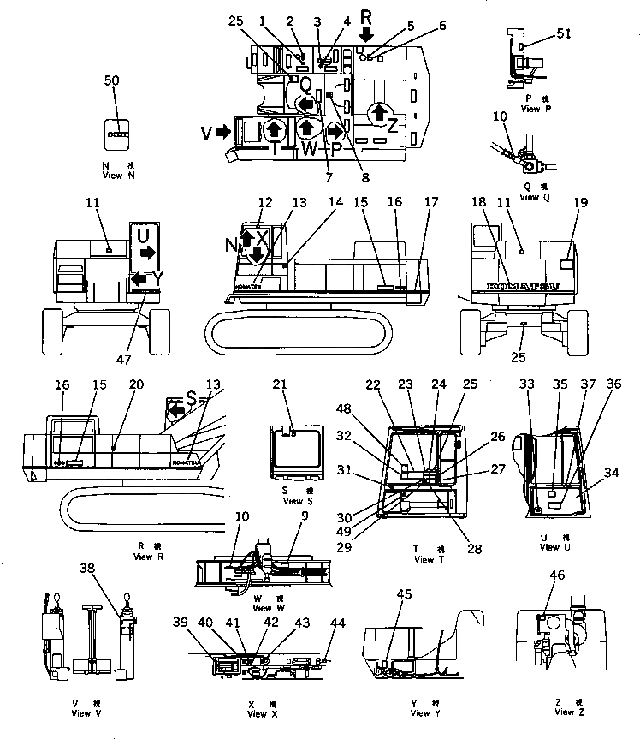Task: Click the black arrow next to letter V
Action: (x=223, y=132)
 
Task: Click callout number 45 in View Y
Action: (x=403, y=595)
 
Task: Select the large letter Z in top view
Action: (x=392, y=124)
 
